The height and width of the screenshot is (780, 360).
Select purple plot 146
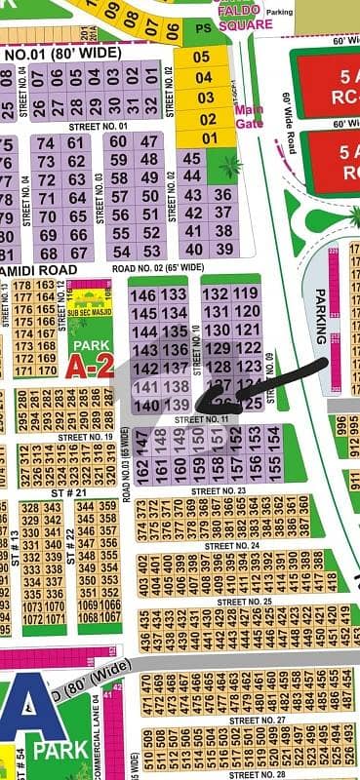(x=144, y=294)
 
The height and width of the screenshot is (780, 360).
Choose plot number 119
(x=247, y=292)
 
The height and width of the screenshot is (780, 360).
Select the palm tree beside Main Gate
(x=231, y=167)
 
